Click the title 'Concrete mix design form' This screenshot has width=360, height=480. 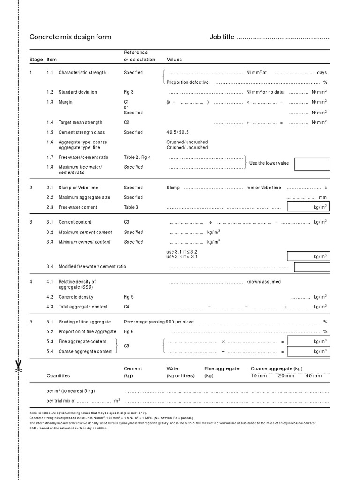point(70,37)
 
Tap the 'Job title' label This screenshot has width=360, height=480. point(221,37)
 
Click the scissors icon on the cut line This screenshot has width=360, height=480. point(18,366)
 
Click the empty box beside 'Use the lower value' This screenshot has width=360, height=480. point(312,164)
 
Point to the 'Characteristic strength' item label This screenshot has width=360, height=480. point(82,73)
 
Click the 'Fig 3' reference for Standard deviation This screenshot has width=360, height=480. point(128,92)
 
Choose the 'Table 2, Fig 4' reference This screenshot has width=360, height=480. point(137,157)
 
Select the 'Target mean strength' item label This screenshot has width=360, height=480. point(80,122)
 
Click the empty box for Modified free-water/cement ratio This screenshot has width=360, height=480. point(312,267)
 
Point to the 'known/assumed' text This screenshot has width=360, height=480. point(263,282)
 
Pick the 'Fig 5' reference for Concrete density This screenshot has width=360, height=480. point(128,297)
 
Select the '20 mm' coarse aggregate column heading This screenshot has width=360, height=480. point(286,376)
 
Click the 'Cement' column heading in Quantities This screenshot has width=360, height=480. point(133,368)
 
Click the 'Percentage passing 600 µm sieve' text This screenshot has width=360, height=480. point(158,322)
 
